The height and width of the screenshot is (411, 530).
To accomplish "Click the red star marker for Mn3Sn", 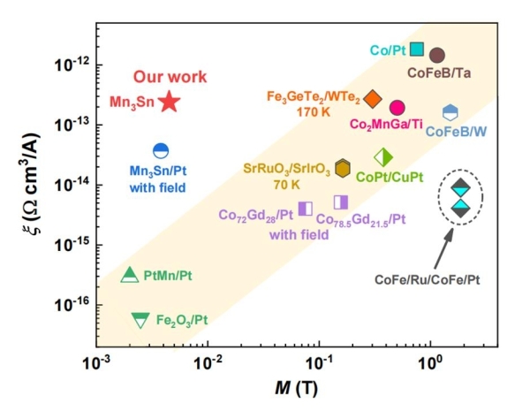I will coord(169,102).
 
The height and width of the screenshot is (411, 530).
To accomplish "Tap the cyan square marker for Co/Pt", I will coord(417,49).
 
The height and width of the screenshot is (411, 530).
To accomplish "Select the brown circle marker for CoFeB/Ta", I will coord(436,55).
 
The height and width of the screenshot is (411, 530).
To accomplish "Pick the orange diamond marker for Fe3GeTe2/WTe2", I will coord(373,98).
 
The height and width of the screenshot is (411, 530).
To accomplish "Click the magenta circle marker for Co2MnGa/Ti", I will coord(397,108).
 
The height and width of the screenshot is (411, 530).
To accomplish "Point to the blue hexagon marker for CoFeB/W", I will coord(450,112).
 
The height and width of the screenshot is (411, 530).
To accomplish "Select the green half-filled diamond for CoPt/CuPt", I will coord(382,157).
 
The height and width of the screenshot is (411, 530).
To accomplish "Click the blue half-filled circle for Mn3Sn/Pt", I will coord(161,151).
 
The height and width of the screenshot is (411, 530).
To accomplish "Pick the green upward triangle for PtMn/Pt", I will coord(130,275).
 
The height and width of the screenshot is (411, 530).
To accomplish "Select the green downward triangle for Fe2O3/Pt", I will coord(140,319).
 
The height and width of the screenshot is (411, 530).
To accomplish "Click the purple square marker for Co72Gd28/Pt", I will coord(305,208).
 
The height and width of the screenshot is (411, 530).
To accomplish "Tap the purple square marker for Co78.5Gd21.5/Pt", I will coord(340,202).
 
